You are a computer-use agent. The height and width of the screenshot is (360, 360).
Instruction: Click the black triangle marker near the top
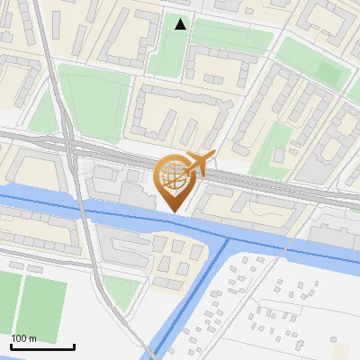point(181,24)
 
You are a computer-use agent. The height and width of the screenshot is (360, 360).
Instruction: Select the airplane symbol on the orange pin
point(198,163)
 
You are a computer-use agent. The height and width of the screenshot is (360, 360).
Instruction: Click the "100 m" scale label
point(24,338)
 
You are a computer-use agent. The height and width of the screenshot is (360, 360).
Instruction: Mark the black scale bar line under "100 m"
point(42,346)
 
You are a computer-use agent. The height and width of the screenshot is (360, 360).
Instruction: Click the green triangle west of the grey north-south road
point(43,112)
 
